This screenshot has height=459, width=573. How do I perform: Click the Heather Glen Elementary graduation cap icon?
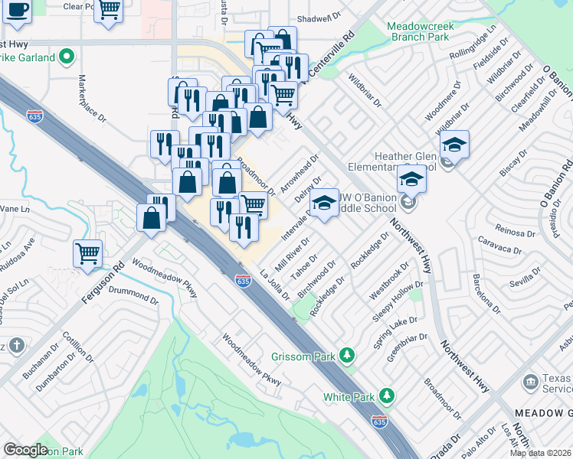point(454,144)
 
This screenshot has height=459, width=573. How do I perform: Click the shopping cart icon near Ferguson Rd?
point(87,252)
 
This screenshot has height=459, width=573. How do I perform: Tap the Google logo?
point(25,450)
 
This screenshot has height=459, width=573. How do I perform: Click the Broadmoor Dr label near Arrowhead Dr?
point(255,175)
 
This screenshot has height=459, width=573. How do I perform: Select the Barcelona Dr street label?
point(485,293)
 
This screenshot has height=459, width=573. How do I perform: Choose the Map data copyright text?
point(540,453)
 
